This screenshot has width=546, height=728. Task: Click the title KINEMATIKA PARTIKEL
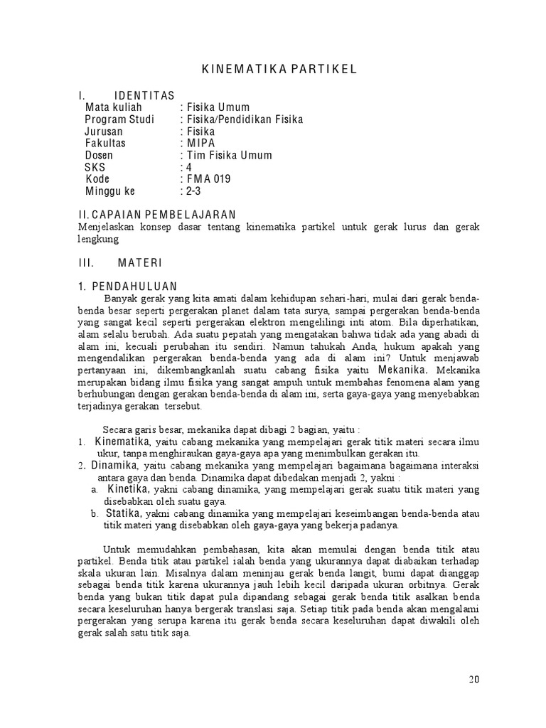(274, 68)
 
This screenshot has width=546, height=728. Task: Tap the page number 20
(474, 679)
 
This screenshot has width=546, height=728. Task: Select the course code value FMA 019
(209, 179)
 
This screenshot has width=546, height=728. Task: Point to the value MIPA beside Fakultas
(201, 143)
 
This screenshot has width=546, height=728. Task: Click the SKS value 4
(188, 167)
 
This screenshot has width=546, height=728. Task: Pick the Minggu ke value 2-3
(193, 191)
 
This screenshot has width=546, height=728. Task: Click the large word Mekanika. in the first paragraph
(402, 370)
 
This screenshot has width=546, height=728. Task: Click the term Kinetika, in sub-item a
(129, 489)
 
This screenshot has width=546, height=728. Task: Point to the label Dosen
(99, 155)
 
